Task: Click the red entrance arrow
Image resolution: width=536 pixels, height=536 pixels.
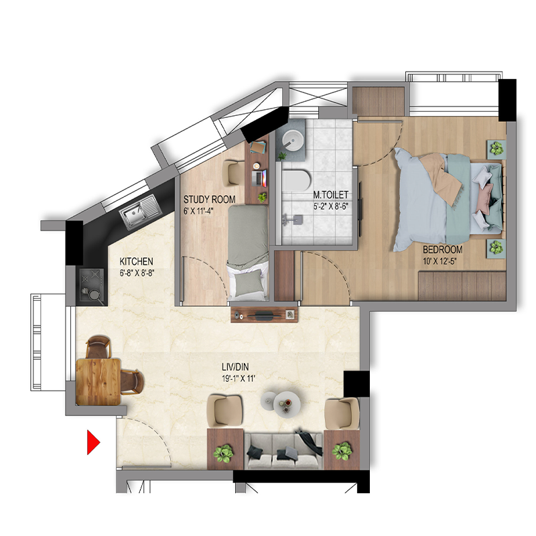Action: coord(92,442)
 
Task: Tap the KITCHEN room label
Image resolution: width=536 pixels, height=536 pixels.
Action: coord(137,261)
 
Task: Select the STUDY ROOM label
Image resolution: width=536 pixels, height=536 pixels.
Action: coord(209,199)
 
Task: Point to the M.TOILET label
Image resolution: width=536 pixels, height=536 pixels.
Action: coord(331,195)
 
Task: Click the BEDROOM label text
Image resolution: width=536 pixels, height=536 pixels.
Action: coord(443,249)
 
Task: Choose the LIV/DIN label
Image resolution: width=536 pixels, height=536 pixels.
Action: coord(235,367)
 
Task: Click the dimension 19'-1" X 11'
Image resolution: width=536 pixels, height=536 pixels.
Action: coord(239,379)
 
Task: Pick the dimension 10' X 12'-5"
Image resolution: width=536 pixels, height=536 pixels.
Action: coord(440,261)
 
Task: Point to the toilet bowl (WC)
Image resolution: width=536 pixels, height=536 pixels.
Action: coord(296,181)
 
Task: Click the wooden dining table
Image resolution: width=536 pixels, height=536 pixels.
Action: coord(98,381)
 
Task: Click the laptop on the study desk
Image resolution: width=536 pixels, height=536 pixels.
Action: coord(259,178)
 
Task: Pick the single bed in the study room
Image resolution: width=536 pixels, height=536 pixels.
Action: coord(248,252)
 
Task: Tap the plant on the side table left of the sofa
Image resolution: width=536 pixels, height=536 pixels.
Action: coord(224,453)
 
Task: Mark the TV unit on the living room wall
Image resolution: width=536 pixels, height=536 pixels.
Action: coord(264,314)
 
